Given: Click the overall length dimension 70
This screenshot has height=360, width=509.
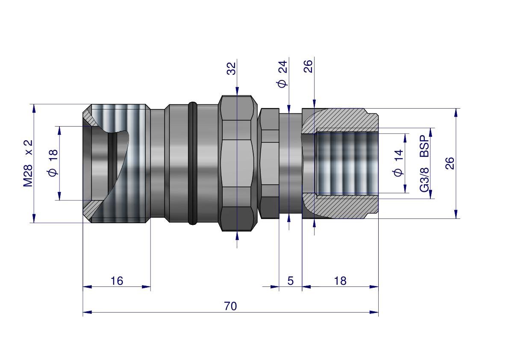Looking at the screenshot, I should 230,306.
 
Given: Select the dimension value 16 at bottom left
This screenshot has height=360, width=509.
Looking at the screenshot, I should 117,281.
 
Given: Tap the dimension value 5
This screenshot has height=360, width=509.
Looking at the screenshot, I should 291,281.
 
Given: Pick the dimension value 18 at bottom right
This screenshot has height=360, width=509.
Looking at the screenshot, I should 340,281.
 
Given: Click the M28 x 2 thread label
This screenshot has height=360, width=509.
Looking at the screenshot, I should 28,163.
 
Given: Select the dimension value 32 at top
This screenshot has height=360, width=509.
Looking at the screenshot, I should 231,68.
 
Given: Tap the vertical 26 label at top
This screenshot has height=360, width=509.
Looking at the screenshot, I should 308,66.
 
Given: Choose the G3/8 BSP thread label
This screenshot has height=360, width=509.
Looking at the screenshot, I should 424,163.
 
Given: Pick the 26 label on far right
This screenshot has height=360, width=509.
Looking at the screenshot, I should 450,163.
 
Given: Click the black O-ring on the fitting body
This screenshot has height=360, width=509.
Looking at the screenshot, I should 192,163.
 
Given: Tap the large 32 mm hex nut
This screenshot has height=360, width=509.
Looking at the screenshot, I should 237,163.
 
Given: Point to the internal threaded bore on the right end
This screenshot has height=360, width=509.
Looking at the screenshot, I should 346,163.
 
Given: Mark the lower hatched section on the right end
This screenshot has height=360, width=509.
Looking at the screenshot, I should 350,208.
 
